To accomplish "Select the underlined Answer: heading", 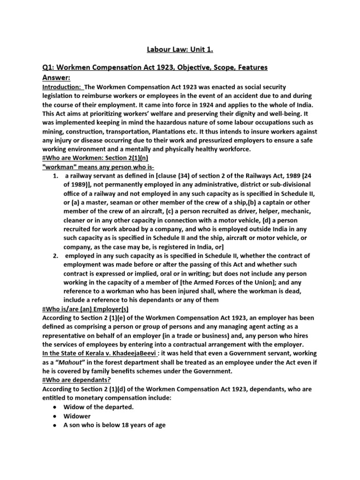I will click(x=56, y=77).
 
